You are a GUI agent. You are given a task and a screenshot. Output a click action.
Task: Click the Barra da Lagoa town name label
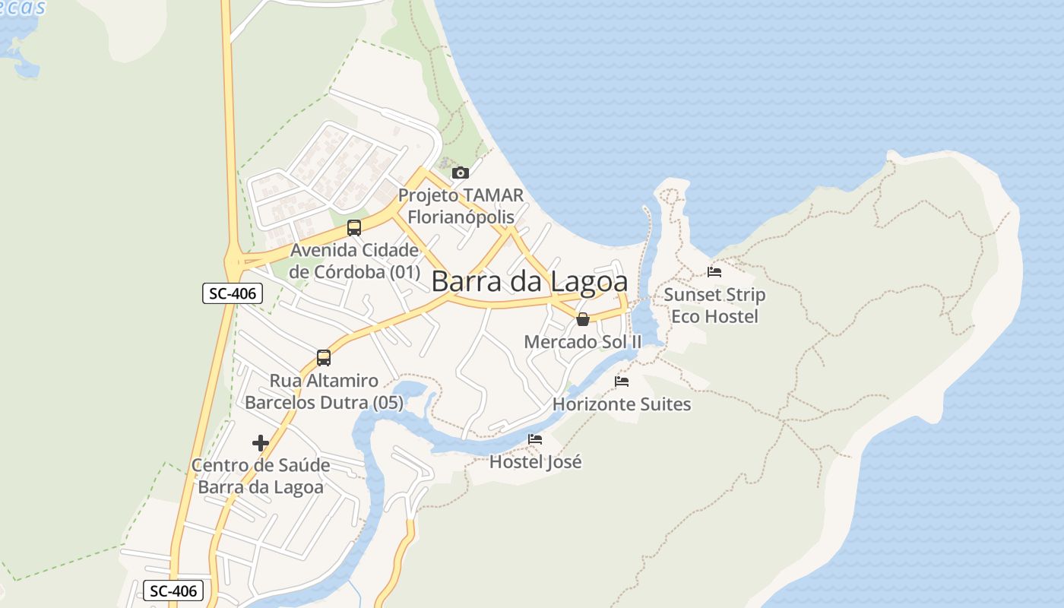[529, 281]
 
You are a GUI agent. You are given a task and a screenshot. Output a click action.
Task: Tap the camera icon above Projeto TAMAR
[460, 173]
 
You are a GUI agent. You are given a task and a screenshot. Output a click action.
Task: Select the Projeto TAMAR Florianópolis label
[461, 206]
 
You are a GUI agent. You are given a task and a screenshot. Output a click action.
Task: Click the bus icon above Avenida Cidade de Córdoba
[353, 227]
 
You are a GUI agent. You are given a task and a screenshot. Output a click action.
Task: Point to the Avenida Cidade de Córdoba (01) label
[354, 261]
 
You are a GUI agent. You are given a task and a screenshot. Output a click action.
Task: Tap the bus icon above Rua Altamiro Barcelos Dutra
[324, 357]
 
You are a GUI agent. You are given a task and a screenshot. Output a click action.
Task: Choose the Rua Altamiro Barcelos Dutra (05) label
[324, 391]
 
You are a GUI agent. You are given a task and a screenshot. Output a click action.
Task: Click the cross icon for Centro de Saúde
[261, 442]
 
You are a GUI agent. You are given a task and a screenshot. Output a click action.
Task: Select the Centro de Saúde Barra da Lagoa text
[261, 476]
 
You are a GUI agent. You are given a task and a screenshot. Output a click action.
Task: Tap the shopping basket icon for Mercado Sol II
[583, 319]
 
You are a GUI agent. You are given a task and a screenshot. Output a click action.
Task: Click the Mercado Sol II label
[583, 342]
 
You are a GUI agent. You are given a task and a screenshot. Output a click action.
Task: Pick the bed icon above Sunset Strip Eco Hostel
[714, 271]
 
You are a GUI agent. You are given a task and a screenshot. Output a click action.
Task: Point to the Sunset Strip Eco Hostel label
[714, 305]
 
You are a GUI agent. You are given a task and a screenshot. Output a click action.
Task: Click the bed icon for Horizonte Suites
[622, 382]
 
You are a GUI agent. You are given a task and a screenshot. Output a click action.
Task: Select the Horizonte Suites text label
[622, 404]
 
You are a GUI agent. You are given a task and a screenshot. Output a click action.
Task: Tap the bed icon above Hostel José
[535, 439]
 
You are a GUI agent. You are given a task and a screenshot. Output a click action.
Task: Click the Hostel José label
[535, 461]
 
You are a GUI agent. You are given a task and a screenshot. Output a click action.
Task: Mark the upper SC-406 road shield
[233, 293]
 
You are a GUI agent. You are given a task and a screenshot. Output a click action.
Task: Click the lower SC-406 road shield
[173, 591]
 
